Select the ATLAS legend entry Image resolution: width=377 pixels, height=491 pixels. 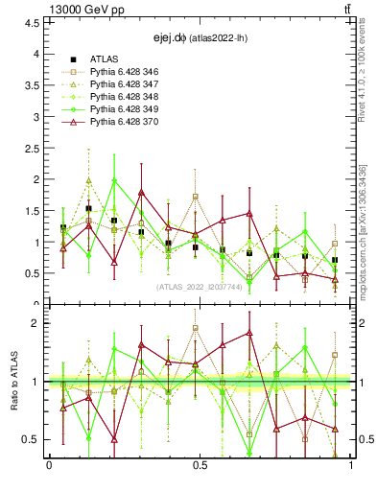click(x=105, y=59)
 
